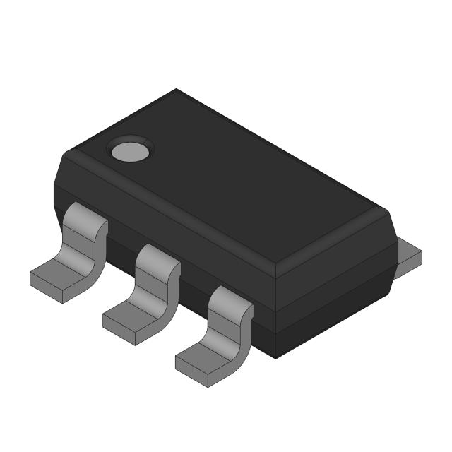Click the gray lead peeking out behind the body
click(x=410, y=254)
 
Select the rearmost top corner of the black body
click(x=176, y=90)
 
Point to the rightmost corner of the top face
click(x=387, y=210)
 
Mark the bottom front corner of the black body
click(x=275, y=357)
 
